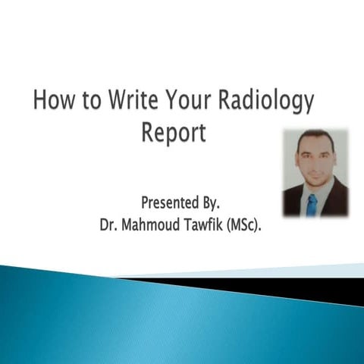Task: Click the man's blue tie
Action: click(x=312, y=203)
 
